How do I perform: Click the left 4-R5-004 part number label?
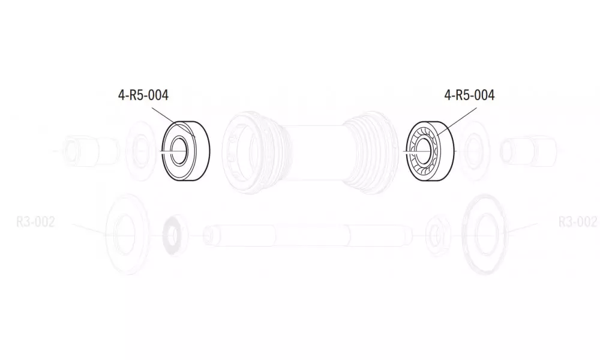click(143, 95)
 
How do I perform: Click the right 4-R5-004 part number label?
click(469, 95)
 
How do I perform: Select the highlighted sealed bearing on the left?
click(186, 151)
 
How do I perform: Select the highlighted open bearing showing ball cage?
click(430, 151)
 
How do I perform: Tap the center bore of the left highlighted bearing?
click(179, 151)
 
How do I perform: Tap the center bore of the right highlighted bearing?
click(423, 151)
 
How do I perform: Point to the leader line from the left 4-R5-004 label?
click(174, 122)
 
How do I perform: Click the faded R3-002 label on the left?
click(35, 221)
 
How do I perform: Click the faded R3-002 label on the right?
click(577, 221)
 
